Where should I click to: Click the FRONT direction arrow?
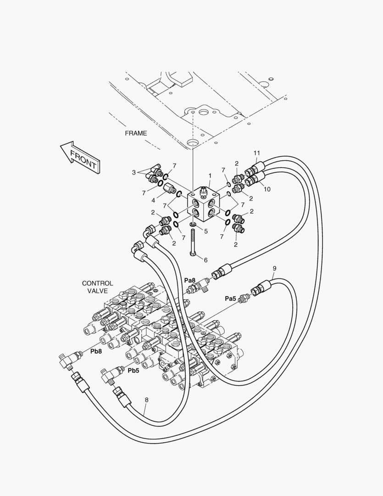(x=80, y=156)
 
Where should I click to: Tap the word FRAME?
(x=136, y=133)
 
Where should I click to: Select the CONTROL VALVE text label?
(x=97, y=287)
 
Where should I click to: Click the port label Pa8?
(x=190, y=280)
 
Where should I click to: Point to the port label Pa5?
(x=230, y=299)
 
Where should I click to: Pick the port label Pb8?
(x=96, y=351)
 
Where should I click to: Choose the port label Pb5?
(x=133, y=371)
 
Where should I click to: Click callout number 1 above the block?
(x=210, y=175)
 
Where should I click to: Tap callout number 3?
(x=133, y=173)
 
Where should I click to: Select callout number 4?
(x=154, y=200)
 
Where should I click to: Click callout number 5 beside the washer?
(x=205, y=231)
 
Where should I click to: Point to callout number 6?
(x=205, y=260)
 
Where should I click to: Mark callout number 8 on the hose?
(x=146, y=400)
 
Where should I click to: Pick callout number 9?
(x=274, y=268)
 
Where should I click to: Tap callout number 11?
(x=257, y=153)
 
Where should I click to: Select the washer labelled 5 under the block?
(x=193, y=225)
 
